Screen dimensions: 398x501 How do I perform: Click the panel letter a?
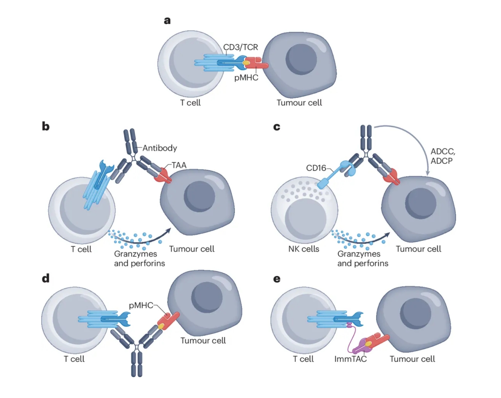[x=167, y=21]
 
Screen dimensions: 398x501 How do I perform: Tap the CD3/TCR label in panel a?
[x=240, y=47]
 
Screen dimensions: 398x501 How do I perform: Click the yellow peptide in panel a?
[x=246, y=63]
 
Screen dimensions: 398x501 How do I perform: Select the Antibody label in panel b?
[x=160, y=148]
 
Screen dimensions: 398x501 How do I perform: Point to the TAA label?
[x=179, y=165]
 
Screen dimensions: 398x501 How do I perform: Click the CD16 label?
[x=316, y=168]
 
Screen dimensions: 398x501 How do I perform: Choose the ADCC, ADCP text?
[x=442, y=156]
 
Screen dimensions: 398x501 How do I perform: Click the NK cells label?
[x=304, y=249]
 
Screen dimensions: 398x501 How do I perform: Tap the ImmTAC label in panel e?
[x=350, y=359]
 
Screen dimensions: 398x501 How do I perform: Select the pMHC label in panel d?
[x=141, y=305]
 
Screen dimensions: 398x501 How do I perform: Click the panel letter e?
[x=277, y=279]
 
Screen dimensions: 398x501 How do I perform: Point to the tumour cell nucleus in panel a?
[x=301, y=59]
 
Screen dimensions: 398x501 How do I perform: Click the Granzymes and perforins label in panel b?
[x=139, y=258]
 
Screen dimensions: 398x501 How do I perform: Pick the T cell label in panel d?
[x=74, y=359]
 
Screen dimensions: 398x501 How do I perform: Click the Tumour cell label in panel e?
[x=412, y=359]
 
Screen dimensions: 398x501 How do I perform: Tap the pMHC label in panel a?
[x=246, y=78]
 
